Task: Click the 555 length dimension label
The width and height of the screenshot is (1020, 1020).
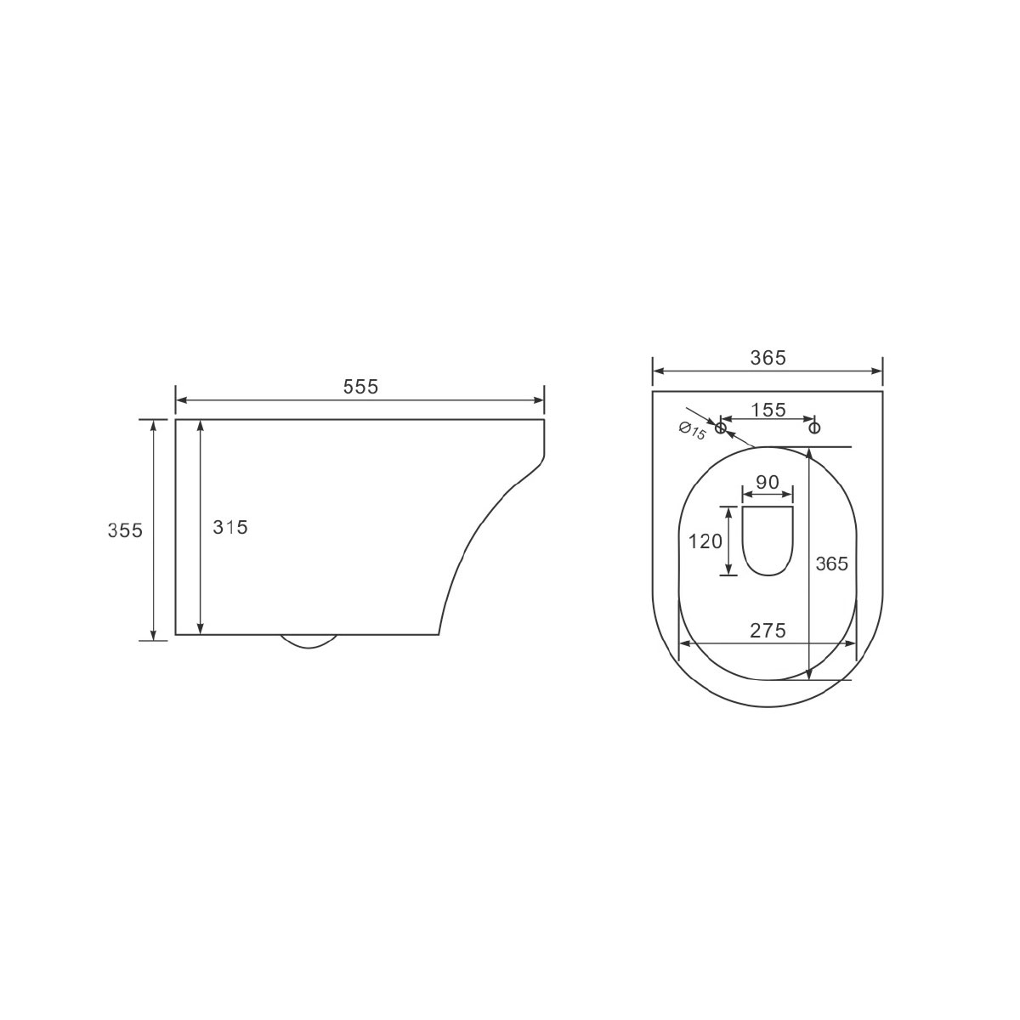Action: click(360, 387)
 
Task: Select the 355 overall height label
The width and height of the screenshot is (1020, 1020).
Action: click(125, 530)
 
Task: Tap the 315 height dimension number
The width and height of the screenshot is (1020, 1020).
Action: click(230, 527)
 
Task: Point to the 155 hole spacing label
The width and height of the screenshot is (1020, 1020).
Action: click(768, 410)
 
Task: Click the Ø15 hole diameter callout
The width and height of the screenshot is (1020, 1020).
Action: click(692, 430)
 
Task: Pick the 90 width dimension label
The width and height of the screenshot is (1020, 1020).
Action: click(768, 482)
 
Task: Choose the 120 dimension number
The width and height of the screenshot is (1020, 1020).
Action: click(705, 541)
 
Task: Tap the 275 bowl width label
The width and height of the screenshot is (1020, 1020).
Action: click(768, 630)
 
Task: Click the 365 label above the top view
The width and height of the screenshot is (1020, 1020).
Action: click(768, 359)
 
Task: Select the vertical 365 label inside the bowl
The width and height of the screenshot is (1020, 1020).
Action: click(831, 564)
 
